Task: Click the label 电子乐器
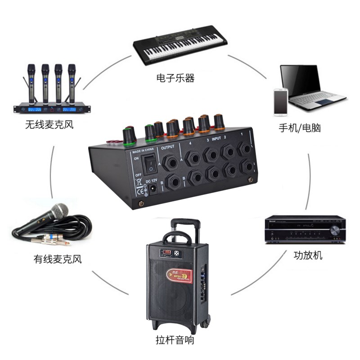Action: click(x=175, y=78)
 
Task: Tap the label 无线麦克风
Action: click(x=49, y=125)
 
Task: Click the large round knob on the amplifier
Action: click(x=335, y=230)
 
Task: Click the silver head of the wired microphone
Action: click(x=59, y=210)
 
